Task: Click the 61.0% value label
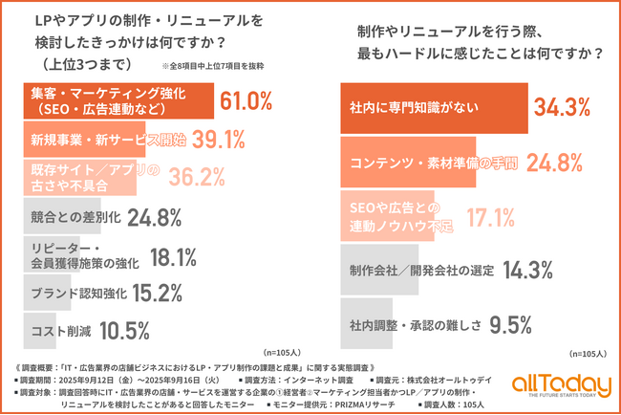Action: [247, 101]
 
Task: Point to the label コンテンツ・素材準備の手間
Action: [418, 162]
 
